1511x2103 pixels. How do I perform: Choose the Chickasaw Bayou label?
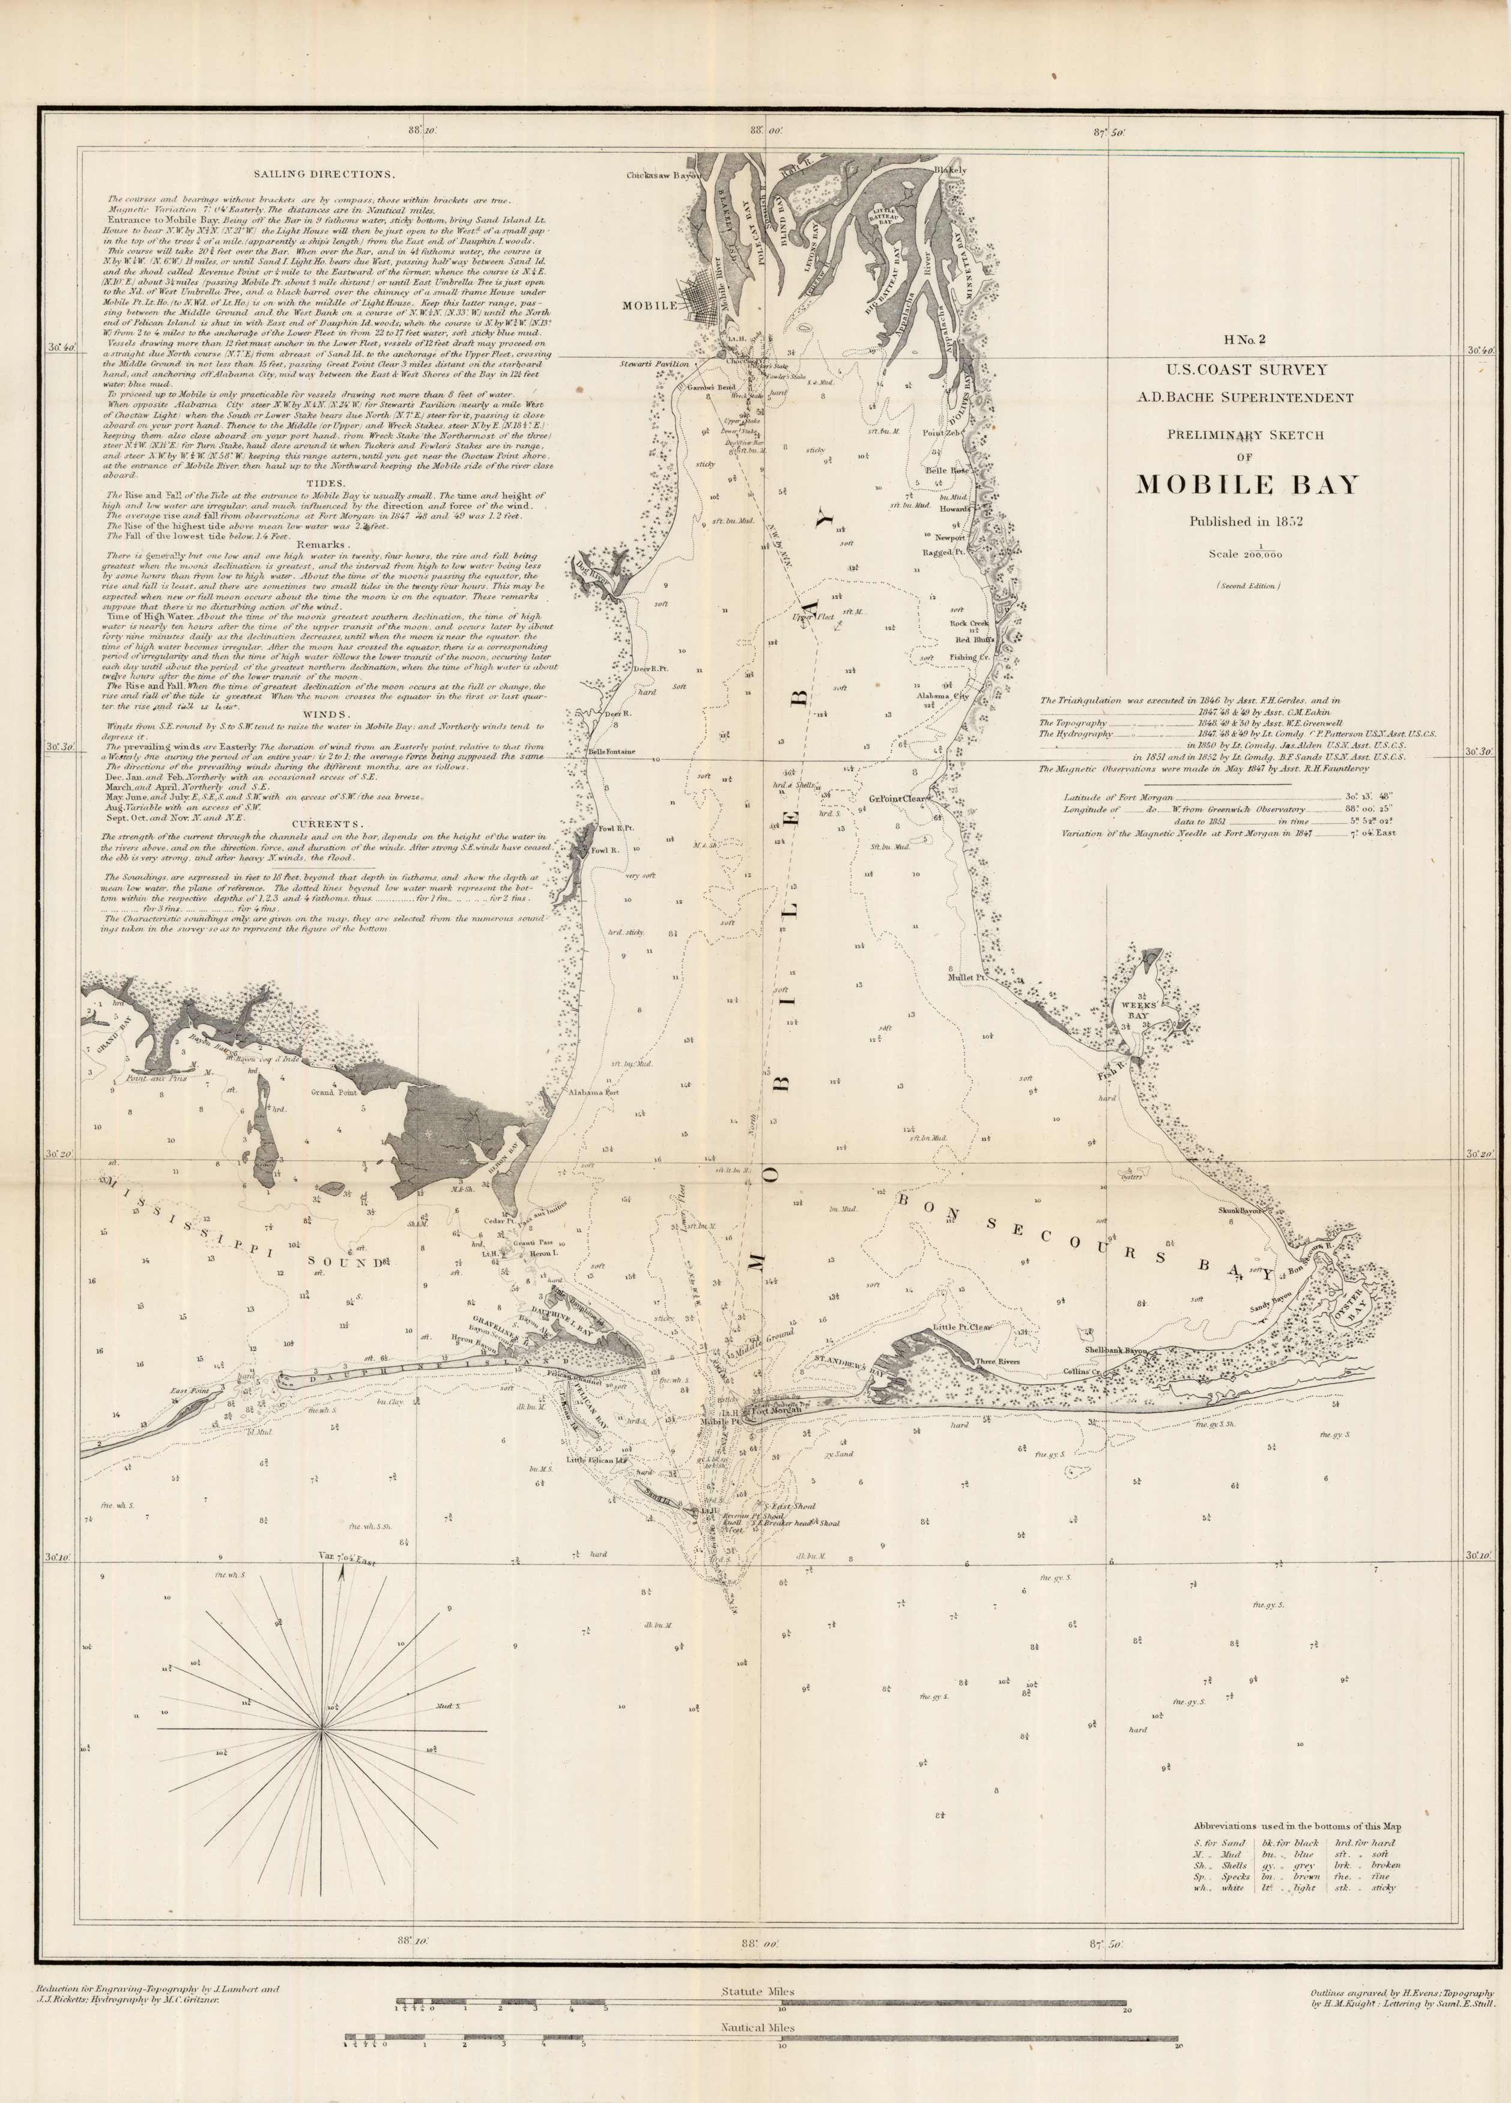click(660, 174)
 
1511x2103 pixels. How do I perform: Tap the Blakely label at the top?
click(950, 171)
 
